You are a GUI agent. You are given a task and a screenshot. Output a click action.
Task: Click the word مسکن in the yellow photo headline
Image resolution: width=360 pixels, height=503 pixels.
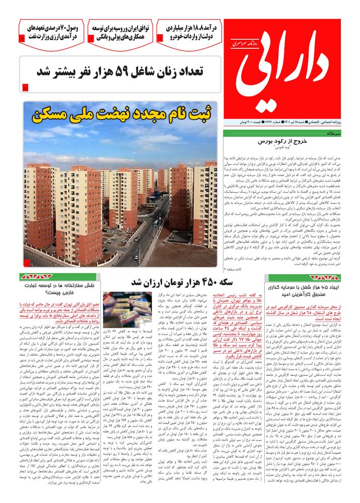pyautogui.click(x=54, y=114)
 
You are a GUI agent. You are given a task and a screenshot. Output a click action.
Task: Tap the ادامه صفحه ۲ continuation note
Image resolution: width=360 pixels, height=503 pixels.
pyautogui.click(x=331, y=270)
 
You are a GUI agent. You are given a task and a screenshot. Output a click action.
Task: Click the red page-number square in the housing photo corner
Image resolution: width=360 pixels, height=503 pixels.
pyautogui.click(x=27, y=263)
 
